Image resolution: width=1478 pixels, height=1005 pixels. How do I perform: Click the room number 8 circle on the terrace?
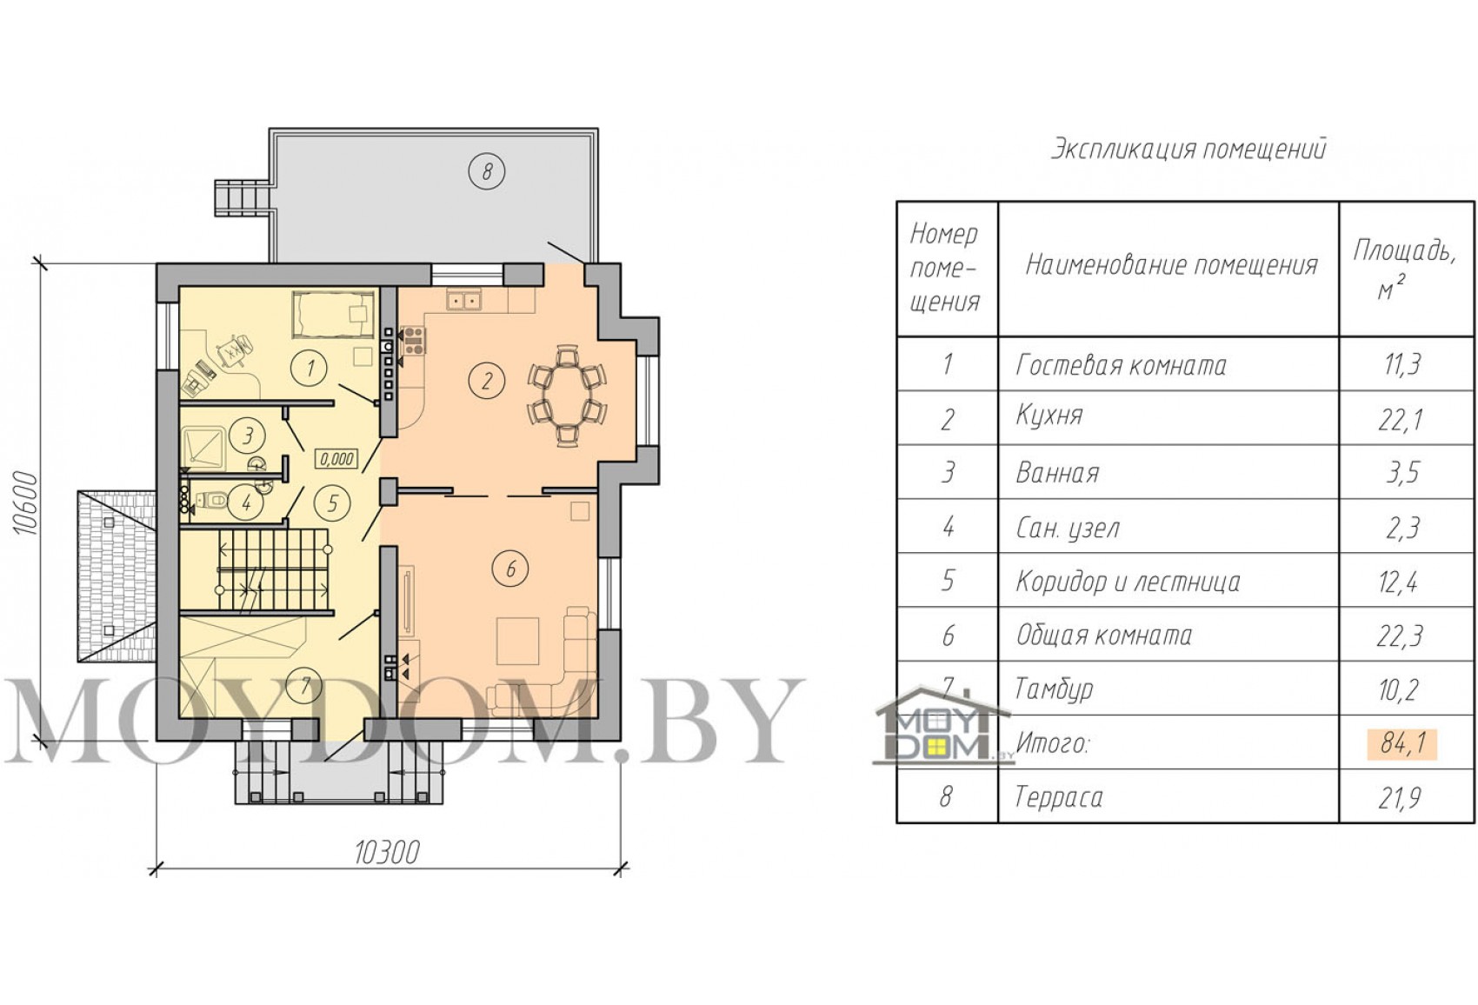(487, 171)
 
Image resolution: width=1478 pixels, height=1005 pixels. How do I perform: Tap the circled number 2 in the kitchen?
(487, 381)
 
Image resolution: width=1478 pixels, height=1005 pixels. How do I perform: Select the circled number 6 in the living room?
(510, 569)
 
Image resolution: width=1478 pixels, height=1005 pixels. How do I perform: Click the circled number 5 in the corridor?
(332, 504)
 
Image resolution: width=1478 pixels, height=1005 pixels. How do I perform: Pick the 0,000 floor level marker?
(336, 459)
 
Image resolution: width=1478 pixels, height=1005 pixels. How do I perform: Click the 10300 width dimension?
(387, 853)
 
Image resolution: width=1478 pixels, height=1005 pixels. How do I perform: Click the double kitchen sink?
(464, 301)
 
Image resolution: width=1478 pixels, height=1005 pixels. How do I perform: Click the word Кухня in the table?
(1049, 416)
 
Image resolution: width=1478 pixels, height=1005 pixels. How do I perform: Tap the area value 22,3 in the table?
(1399, 636)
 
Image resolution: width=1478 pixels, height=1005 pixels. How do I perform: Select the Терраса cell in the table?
(1058, 797)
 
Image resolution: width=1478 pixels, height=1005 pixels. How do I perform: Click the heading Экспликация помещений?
(1188, 150)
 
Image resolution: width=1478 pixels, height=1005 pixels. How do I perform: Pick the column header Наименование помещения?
(1171, 265)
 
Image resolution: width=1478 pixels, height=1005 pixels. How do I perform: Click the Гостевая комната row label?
(1121, 365)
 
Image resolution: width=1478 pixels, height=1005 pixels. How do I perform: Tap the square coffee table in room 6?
(518, 641)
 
